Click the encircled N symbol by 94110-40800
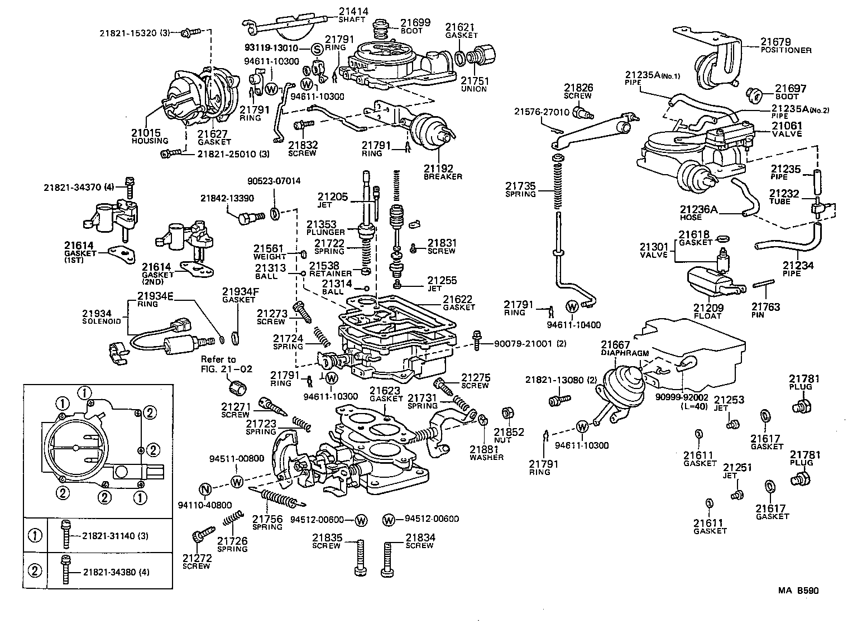205,490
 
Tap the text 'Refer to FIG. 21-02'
219,364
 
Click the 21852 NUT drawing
508,414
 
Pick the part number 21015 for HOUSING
146,133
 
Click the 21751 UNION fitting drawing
480,56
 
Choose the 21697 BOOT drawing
755,95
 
